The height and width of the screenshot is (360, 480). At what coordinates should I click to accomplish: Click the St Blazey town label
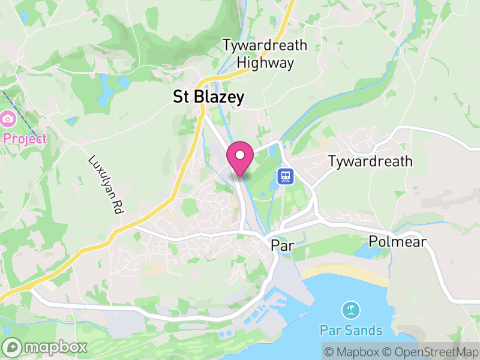click(208, 97)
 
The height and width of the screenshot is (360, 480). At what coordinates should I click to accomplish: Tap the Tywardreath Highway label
click(265, 53)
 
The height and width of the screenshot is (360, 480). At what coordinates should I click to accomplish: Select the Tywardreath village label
click(370, 161)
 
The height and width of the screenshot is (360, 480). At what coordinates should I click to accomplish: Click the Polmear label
click(398, 242)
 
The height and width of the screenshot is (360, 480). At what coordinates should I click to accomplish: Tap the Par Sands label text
click(351, 330)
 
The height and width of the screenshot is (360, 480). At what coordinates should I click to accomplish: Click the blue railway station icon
click(286, 176)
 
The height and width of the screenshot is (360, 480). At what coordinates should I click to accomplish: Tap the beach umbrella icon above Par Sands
click(351, 310)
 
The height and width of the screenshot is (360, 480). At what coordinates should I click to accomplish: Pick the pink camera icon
click(8, 118)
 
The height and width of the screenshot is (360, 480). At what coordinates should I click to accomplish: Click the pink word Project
click(25, 139)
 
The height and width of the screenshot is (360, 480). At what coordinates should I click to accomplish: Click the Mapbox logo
click(46, 347)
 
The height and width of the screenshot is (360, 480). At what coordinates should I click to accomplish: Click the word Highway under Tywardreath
click(265, 62)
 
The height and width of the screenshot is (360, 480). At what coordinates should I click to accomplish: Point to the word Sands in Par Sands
click(363, 330)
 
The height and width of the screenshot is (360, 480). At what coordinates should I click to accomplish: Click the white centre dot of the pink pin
click(240, 155)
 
